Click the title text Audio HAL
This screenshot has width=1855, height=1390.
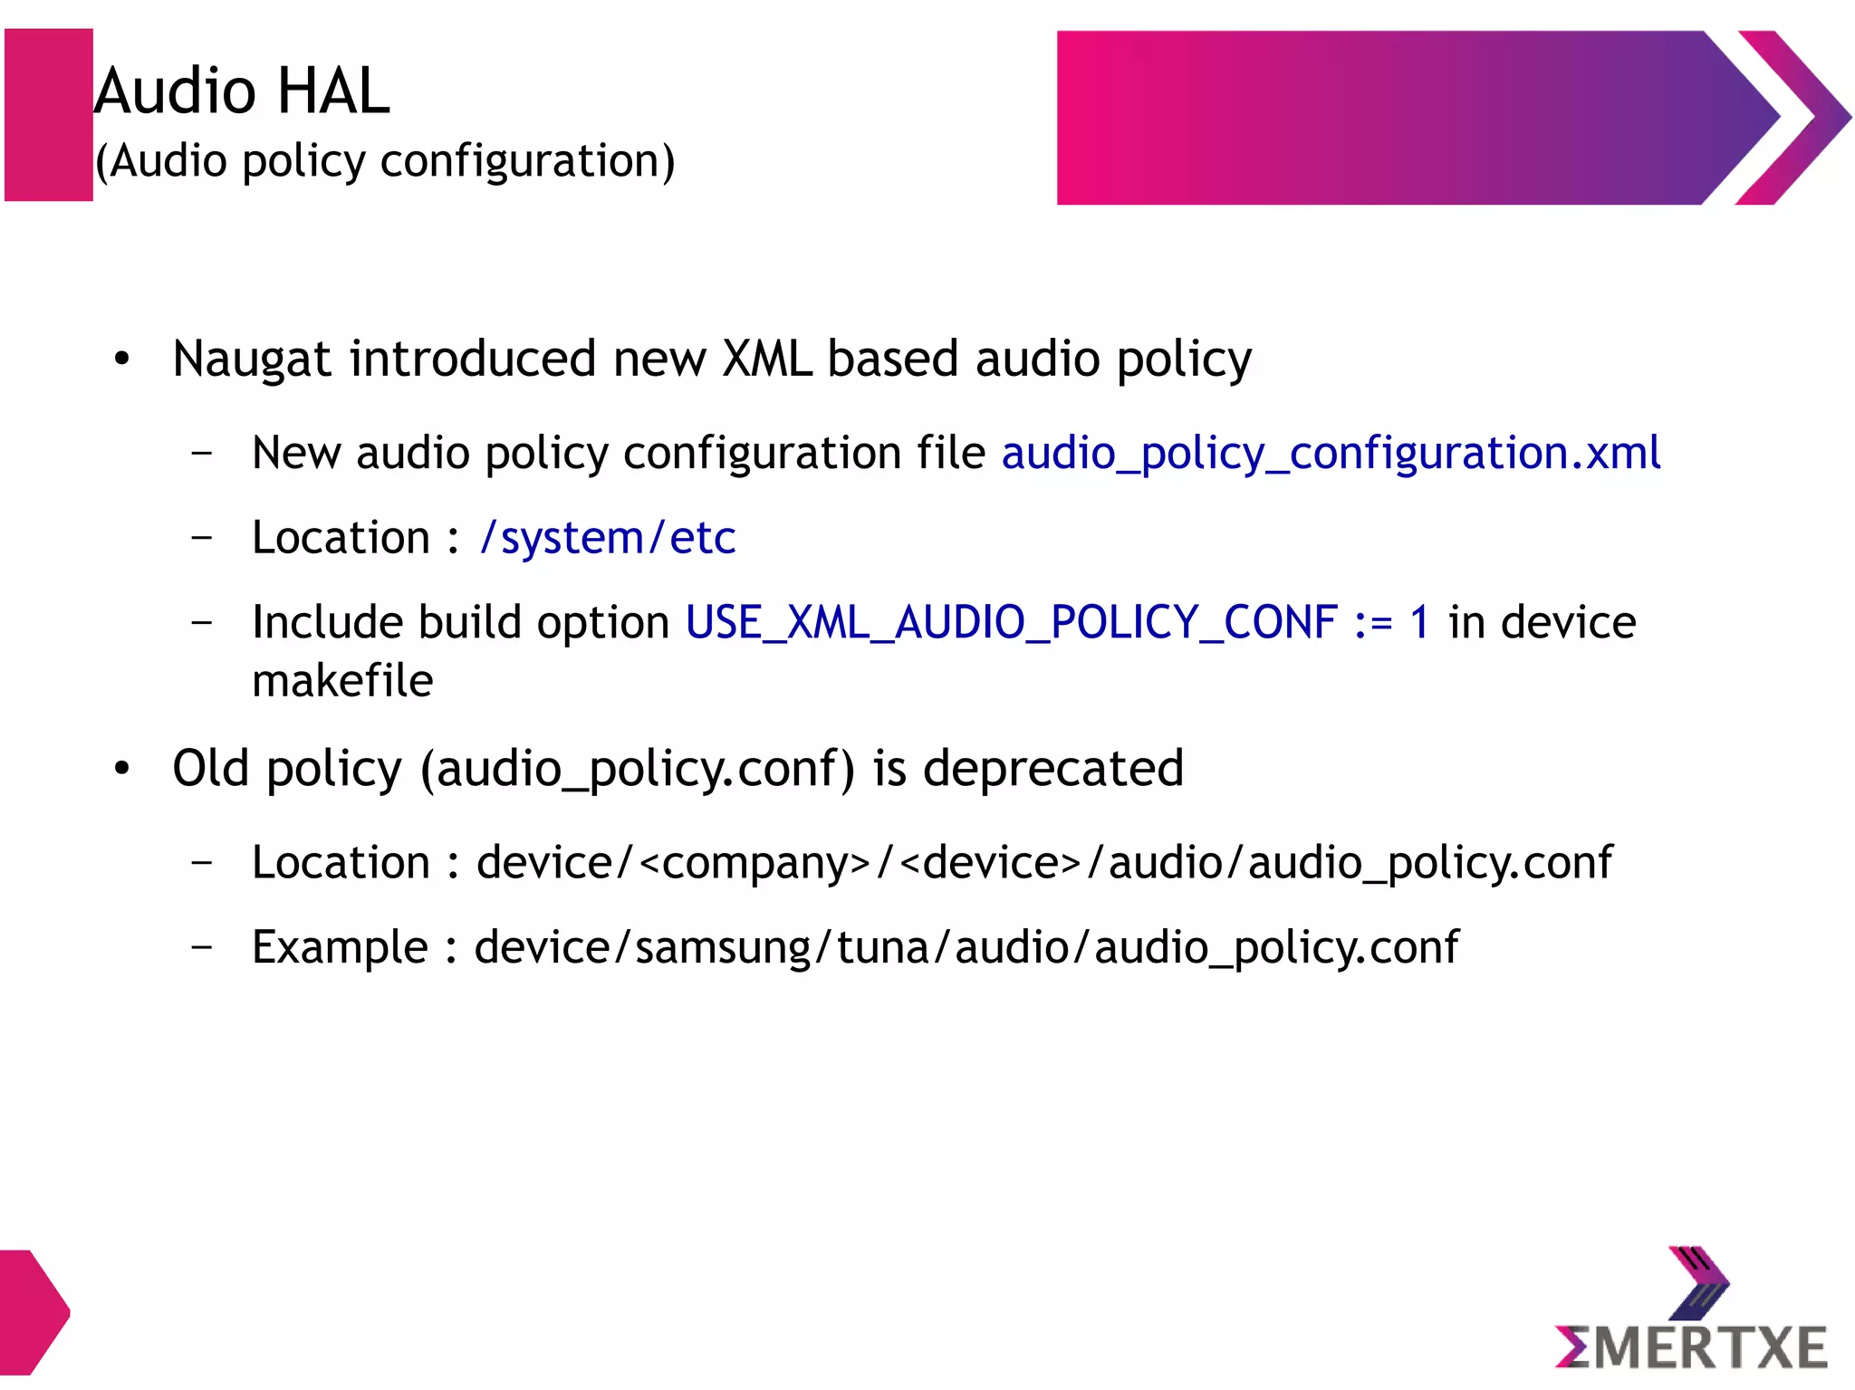point(242,91)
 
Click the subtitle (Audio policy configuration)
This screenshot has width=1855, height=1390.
point(385,161)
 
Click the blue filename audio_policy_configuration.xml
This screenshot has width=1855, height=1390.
point(1330,453)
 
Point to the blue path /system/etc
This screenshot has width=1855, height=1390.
point(607,538)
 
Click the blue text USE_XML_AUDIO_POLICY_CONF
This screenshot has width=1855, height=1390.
point(1011,622)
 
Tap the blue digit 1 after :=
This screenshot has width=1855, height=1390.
point(1418,622)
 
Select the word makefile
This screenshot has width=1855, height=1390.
point(342,681)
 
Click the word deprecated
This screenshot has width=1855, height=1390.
point(1052,768)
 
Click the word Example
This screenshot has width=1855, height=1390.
point(340,947)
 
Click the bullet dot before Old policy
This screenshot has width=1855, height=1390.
point(122,769)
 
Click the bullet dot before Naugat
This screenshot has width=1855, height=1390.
point(122,359)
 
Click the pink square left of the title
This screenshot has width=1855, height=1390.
point(48,115)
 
